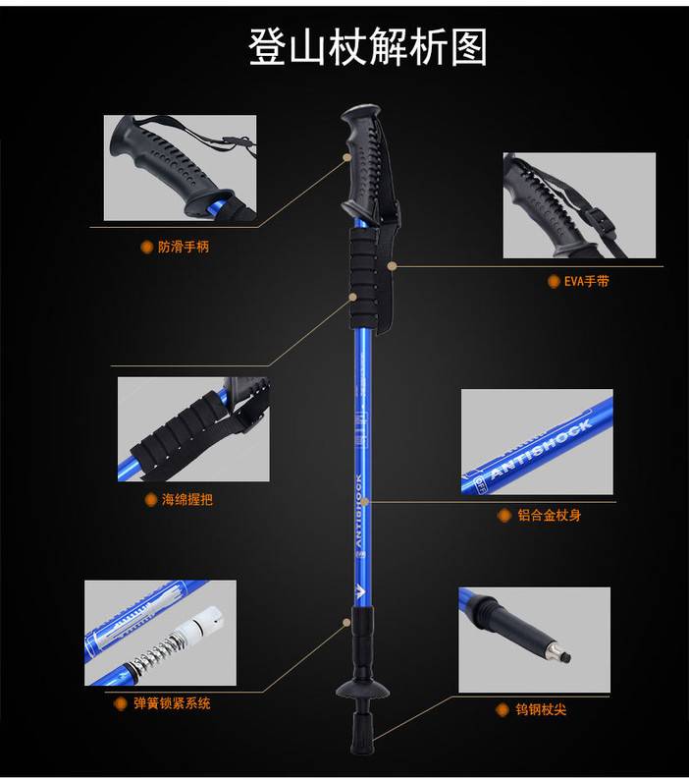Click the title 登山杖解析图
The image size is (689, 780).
click(367, 45)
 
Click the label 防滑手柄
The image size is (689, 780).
click(183, 247)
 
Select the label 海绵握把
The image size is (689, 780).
click(186, 499)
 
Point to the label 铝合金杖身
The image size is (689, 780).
click(555, 514)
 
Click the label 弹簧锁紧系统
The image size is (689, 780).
click(171, 703)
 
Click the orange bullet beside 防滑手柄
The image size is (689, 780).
click(147, 247)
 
